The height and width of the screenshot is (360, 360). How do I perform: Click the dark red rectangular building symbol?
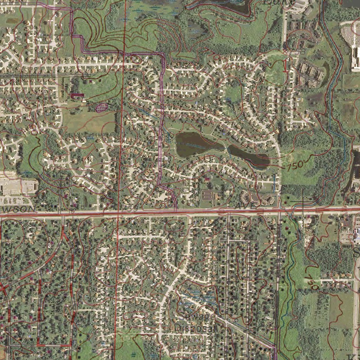(x=77, y=95)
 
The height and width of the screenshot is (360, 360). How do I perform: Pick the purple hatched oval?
(x=102, y=107)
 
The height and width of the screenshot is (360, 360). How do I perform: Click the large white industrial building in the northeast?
(x=356, y=56)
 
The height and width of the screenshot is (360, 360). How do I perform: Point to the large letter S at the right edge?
(x=356, y=252)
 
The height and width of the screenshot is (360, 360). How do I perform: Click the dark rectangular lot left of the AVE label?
(x=208, y=195)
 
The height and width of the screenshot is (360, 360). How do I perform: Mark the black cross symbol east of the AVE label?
(x=303, y=201)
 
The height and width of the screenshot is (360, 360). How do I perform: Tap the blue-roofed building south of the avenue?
(x=356, y=235)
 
